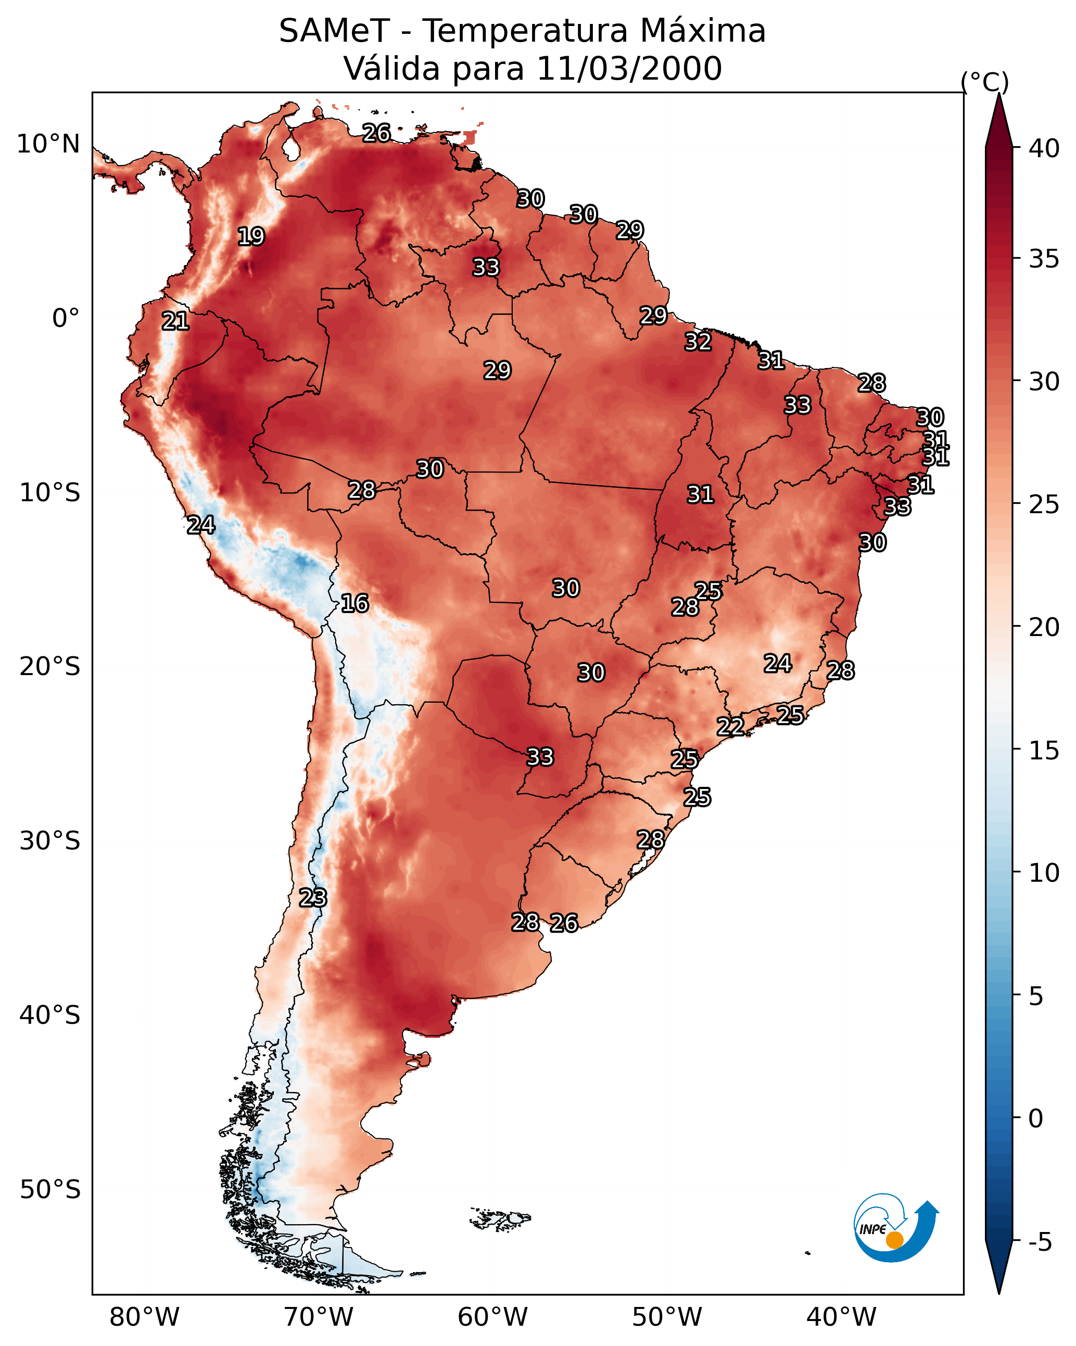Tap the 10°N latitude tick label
tap(48, 144)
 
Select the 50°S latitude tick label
tap(50, 1189)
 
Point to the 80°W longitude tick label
tap(144, 1317)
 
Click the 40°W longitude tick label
tap(841, 1317)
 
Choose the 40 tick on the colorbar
tap(1044, 148)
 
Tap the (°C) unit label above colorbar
tap(984, 82)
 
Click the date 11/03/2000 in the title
tap(629, 68)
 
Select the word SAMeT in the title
tap(334, 31)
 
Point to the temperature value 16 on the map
tap(355, 603)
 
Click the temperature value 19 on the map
tap(251, 237)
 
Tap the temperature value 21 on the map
tap(175, 321)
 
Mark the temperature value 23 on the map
tap(313, 897)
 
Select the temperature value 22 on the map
tap(730, 726)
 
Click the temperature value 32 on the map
tap(698, 341)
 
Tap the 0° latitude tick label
tap(66, 319)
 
